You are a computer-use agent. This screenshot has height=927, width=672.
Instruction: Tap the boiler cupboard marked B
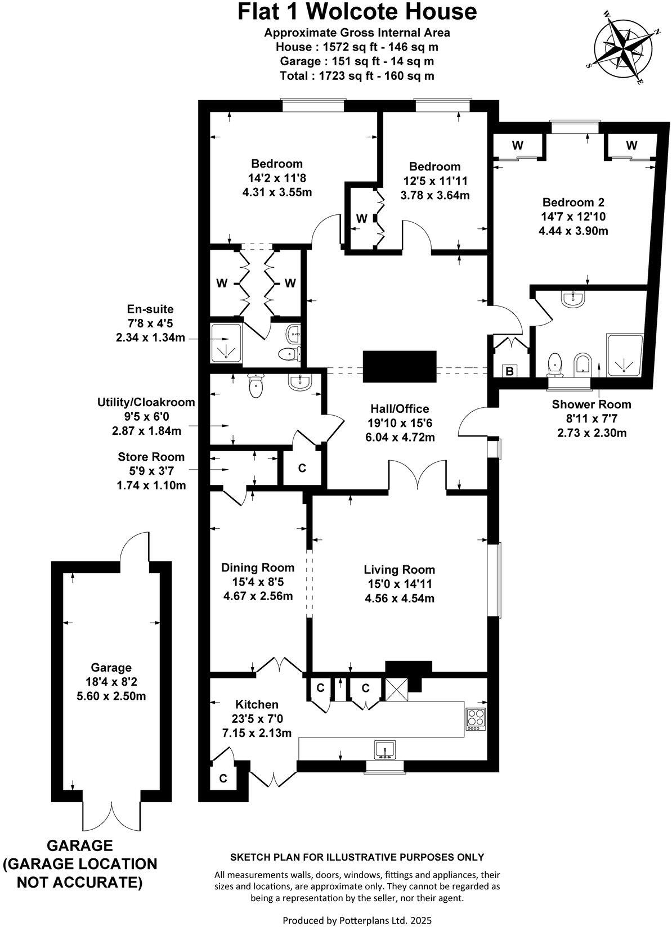tap(509, 371)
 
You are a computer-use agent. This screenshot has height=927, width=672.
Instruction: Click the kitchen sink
tap(385, 750)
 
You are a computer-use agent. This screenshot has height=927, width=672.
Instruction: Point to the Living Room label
tap(399, 569)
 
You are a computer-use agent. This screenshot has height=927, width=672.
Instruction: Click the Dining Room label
tap(258, 567)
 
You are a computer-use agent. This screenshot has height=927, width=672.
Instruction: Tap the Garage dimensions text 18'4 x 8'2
tap(111, 682)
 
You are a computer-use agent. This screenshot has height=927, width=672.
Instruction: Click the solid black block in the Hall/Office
tap(400, 366)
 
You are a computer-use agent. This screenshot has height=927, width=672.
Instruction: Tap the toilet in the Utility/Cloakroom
tap(256, 385)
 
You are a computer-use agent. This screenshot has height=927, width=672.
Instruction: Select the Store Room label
tap(151, 457)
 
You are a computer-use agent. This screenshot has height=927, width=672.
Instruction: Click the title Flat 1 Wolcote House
tap(357, 12)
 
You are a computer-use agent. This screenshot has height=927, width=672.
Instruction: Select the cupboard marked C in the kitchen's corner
tap(223, 778)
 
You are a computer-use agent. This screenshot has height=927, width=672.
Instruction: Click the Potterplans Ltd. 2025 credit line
tap(357, 920)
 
